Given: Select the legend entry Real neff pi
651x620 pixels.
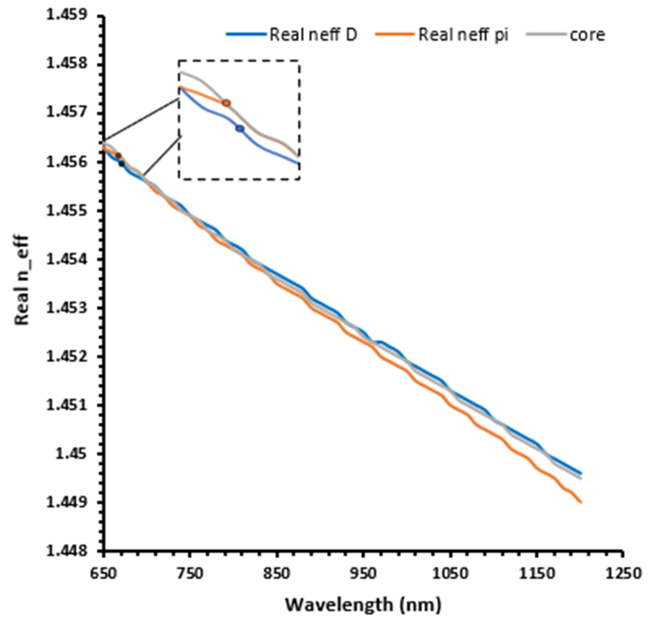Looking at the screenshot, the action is tap(441, 35).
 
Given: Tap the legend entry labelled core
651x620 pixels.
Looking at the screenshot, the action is tap(565, 35).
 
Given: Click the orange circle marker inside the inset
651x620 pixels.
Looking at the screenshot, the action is tap(226, 103).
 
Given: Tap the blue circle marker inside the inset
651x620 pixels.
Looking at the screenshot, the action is tap(240, 129).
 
